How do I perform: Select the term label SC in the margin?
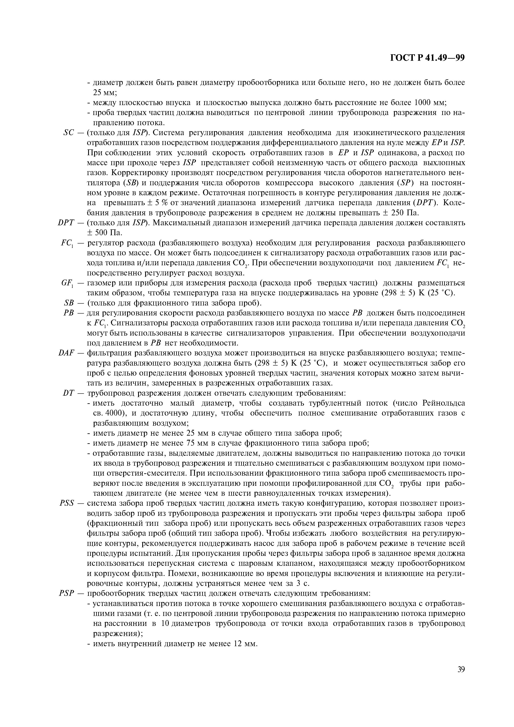[x=68, y=133]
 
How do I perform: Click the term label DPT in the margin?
[x=66, y=223]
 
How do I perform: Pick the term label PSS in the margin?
[x=67, y=503]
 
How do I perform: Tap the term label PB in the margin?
[x=69, y=313]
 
